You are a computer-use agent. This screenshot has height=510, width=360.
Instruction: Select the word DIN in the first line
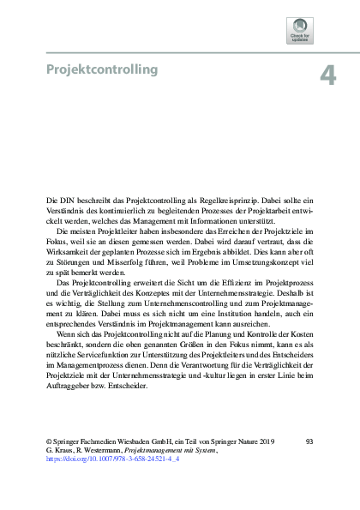[65, 199]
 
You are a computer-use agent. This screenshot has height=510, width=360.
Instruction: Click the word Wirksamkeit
[65, 255]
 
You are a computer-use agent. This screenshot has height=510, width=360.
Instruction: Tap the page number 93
[309, 440]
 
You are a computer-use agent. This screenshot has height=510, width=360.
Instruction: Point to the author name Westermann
[101, 449]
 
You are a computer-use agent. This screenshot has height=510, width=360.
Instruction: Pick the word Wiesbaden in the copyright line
[130, 440]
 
